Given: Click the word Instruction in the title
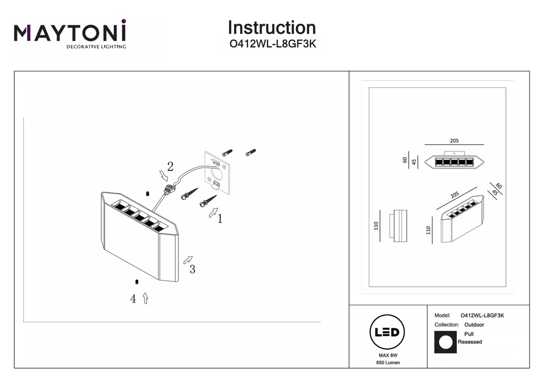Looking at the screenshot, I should point(272,28).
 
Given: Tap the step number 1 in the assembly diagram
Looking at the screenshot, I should point(220,219).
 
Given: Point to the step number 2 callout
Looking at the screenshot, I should point(170,166).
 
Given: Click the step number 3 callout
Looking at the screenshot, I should point(192,269).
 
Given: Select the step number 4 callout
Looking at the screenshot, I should point(133,299).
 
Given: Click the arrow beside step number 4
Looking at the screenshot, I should point(145,298).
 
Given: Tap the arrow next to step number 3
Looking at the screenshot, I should point(188,260).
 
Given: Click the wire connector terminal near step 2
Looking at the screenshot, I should point(170,189).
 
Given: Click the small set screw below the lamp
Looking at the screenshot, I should point(136,282).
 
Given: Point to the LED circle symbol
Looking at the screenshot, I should point(387,333).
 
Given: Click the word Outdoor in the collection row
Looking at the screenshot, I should point(474,325).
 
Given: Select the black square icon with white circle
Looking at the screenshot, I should point(445,342).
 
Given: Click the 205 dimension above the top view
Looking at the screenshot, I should point(454,141).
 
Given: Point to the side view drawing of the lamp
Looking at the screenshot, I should point(399,226).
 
